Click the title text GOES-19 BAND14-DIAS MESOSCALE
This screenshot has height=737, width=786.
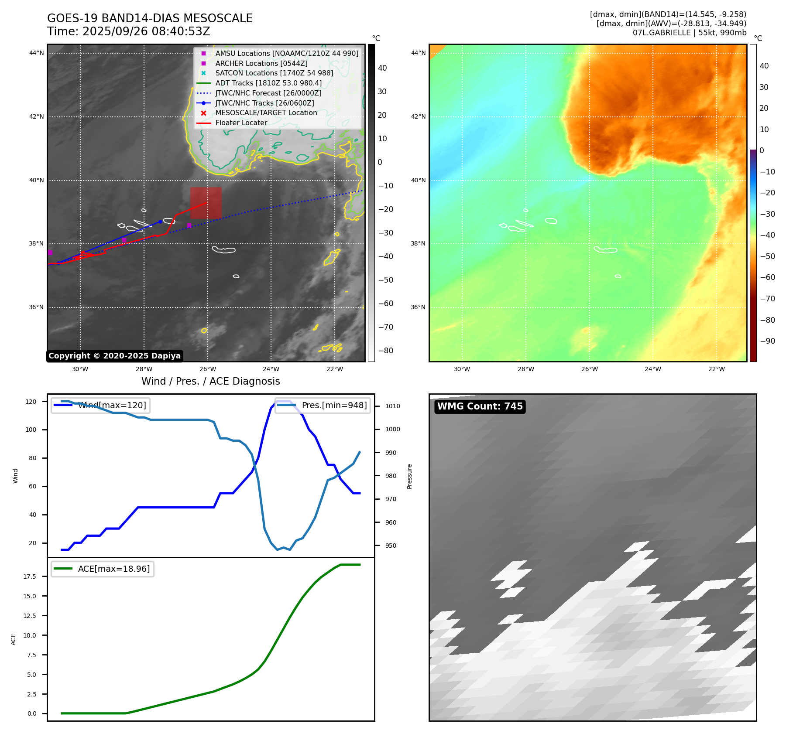[150, 18]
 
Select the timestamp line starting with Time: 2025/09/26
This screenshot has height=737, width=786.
[129, 31]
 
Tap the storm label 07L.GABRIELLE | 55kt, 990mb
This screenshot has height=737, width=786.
[690, 33]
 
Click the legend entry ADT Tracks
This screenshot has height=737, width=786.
[268, 83]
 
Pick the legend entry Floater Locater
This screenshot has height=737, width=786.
[241, 123]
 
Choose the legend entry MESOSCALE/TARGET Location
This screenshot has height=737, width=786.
[266, 113]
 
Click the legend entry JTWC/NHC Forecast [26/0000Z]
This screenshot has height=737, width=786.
[268, 93]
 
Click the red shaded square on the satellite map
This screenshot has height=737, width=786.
[206, 203]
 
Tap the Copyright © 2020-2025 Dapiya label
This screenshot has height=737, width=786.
[114, 356]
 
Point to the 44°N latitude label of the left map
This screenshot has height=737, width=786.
[37, 53]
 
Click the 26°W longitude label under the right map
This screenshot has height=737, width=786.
[589, 369]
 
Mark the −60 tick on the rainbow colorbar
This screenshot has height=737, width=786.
[767, 277]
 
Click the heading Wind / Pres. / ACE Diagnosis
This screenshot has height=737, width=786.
[210, 381]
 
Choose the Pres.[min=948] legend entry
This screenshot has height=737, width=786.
[334, 405]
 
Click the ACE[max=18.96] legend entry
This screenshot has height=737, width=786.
[113, 569]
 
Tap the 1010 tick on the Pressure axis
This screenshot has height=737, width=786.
[392, 406]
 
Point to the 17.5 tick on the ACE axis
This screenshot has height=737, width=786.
[30, 577]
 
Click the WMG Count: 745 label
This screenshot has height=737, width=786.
[480, 406]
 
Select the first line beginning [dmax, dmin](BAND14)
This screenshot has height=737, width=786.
[668, 14]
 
